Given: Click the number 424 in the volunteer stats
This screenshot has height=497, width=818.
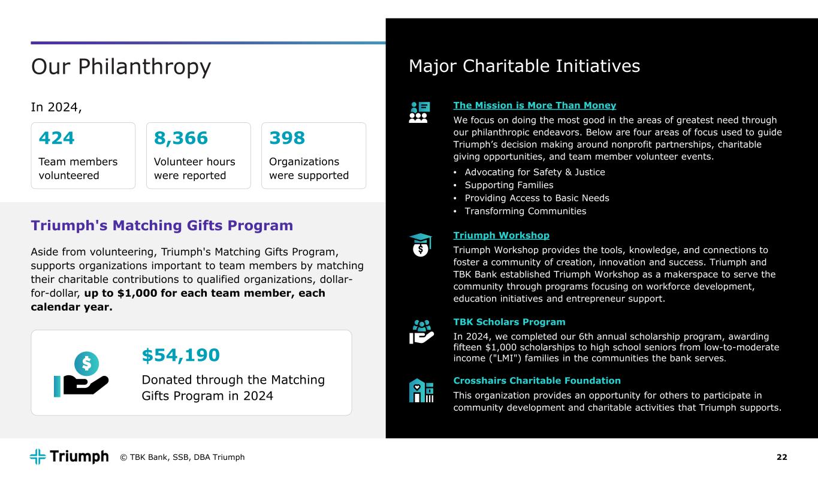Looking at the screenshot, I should (56, 138).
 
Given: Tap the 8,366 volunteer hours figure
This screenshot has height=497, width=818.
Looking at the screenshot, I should (181, 138).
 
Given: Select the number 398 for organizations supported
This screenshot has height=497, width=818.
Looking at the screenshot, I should (287, 138).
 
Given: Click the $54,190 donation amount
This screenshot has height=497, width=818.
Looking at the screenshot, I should (180, 356).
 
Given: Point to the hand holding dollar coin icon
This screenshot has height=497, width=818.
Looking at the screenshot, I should (81, 375).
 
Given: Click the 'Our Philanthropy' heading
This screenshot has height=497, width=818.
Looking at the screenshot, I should (121, 67).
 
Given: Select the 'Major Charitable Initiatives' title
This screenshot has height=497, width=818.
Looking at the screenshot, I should (524, 66).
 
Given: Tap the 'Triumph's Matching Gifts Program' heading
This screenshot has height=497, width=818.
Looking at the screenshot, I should (162, 225).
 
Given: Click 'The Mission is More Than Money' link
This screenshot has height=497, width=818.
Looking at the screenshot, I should (535, 106).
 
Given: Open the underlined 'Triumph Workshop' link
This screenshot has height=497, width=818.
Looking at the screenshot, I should (501, 235).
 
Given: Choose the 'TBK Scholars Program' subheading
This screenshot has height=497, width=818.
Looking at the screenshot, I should (509, 322).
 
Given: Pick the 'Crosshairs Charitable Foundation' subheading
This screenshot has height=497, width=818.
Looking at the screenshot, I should (537, 381).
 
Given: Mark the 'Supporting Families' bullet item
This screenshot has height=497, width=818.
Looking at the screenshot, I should (509, 185).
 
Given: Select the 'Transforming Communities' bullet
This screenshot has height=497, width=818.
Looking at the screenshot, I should (525, 211).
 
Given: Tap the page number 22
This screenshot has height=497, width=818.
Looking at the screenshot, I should (781, 457).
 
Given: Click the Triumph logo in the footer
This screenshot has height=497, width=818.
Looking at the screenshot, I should (70, 457).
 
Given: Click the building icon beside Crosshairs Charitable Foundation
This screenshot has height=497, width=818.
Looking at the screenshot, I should (421, 390).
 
